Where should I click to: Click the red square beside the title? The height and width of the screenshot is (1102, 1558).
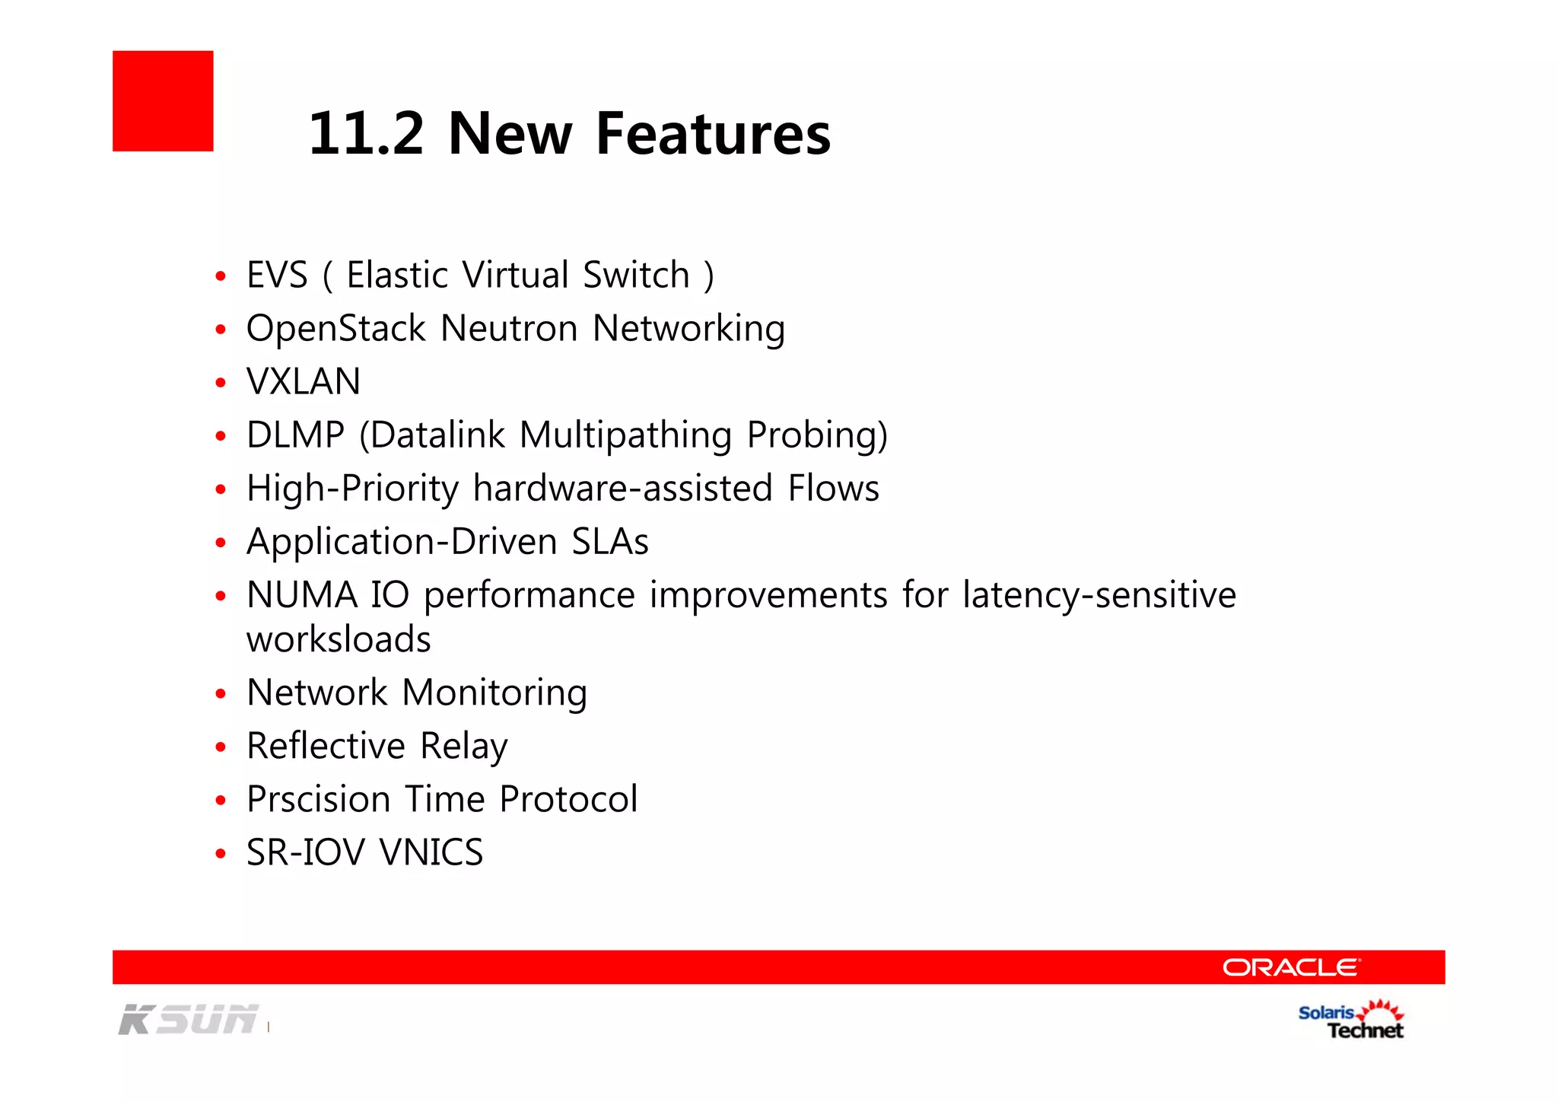coord(163,101)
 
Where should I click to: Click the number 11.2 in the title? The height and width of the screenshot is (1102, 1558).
coord(366,134)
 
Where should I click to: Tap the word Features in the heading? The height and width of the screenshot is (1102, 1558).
coord(713,134)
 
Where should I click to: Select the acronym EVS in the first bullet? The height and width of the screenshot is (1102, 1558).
coord(277,275)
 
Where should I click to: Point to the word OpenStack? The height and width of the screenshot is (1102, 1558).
coord(335,329)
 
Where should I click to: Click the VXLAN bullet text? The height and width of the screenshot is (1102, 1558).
coord(304,381)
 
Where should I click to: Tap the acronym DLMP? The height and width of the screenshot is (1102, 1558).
coord(295,435)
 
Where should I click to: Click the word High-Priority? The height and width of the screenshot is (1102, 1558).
coord(352,489)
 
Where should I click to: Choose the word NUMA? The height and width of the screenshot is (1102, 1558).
coord(302,594)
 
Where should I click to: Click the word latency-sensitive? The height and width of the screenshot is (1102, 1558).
coord(1099,595)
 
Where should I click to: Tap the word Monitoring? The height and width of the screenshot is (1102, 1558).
coord(494,693)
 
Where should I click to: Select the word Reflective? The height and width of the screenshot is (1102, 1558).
coord(326,746)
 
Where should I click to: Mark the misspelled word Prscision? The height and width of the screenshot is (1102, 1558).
coord(319,799)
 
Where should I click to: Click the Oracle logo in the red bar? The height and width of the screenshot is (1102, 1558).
coord(1291,967)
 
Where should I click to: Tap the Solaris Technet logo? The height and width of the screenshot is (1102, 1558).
coord(1352,1021)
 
